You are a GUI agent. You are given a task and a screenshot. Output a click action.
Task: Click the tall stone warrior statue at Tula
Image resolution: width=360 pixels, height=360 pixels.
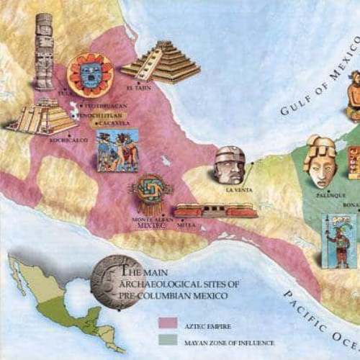click(45, 50)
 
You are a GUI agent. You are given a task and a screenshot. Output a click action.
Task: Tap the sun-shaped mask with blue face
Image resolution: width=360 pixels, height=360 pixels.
click(89, 74)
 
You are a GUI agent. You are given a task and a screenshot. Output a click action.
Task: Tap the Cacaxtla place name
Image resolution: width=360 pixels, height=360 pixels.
click(113, 123)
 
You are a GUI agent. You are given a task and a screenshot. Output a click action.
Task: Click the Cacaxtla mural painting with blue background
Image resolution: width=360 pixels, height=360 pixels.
click(117, 150)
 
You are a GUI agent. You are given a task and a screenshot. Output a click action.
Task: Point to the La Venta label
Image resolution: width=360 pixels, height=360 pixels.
click(237, 190)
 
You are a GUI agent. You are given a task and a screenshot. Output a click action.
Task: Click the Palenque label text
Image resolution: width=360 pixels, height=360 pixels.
click(331, 195)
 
